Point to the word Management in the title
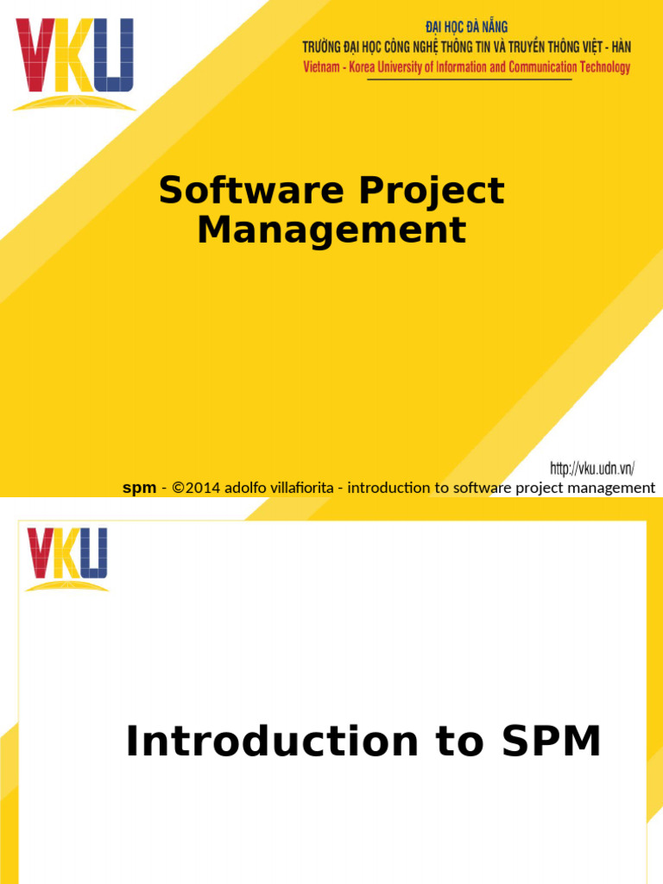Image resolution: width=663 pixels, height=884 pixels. tap(331, 230)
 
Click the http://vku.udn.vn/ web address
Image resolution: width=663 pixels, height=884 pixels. tap(592, 469)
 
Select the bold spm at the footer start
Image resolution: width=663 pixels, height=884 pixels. tap(139, 488)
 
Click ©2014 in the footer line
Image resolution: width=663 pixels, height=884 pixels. tap(197, 488)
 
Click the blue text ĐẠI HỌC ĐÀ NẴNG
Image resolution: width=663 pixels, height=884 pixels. tap(467, 28)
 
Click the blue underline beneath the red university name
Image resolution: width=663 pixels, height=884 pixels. tap(470, 79)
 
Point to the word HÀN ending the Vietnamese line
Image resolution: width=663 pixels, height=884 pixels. tap(619, 47)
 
